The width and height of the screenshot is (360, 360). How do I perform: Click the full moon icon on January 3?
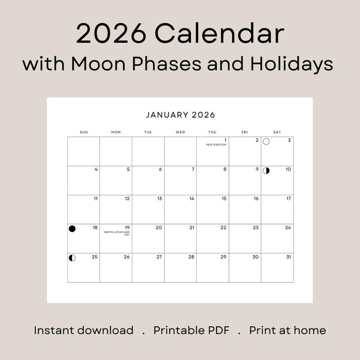[x=266, y=142]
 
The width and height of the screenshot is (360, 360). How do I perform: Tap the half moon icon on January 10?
[x=266, y=171]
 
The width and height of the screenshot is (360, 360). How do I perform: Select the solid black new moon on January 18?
[x=72, y=229]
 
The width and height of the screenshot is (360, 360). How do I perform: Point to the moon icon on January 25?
[x=72, y=258]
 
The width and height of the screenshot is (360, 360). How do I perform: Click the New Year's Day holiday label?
[x=216, y=145]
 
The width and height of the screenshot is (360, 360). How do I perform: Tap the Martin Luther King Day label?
[x=117, y=233]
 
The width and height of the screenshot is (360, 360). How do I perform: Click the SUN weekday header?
[x=84, y=132]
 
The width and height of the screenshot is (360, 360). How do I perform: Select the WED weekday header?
[x=180, y=132]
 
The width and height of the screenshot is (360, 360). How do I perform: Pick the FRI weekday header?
[x=244, y=132]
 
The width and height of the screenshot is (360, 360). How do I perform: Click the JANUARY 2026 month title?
[x=180, y=115]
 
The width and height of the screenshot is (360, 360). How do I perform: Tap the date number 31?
[x=288, y=257]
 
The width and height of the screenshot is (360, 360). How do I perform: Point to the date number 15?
[x=224, y=198]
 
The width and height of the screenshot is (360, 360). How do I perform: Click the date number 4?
[x=96, y=170]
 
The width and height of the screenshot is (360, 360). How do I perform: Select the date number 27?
[x=159, y=257]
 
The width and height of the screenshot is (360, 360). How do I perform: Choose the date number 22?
[x=223, y=228]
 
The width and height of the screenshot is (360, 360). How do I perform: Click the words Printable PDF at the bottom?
[x=191, y=330]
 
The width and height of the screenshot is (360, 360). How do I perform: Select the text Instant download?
[x=84, y=330]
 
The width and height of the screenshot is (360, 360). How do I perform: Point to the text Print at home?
[x=288, y=330]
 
